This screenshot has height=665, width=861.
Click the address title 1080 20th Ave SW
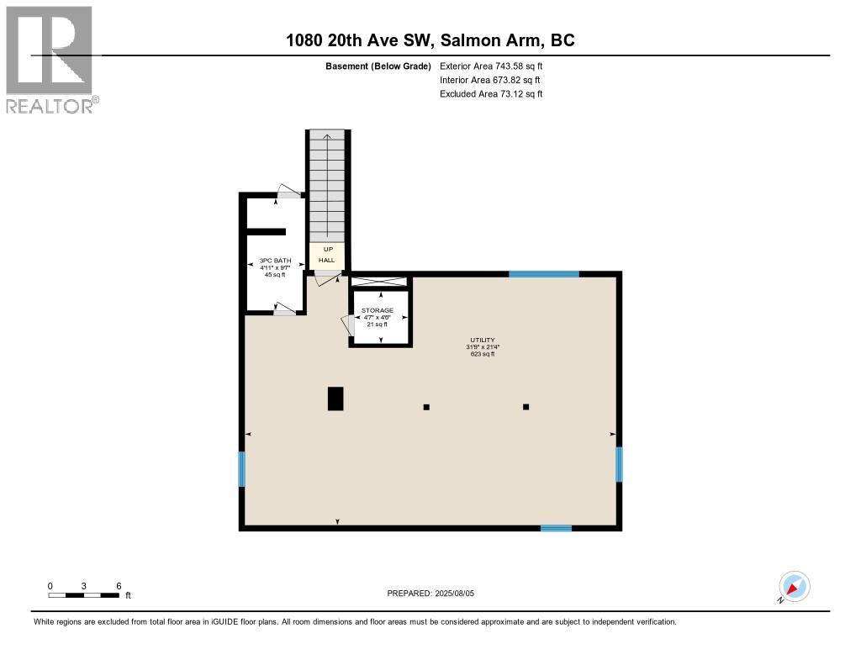430,40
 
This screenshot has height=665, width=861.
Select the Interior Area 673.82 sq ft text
489,80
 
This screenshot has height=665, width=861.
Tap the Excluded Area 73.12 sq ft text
491,94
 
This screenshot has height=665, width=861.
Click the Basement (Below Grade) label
378,66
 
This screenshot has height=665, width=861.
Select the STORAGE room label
378,310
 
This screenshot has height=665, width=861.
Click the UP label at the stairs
326,250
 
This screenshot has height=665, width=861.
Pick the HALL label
326,261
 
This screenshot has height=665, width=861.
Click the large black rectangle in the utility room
335,398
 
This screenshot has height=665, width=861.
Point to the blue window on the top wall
544,274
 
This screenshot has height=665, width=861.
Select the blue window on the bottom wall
556,528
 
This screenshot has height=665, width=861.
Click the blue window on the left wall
241,469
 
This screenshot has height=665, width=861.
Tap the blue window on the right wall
619,464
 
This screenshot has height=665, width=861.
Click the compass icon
794,587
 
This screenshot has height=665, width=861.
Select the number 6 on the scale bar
119,586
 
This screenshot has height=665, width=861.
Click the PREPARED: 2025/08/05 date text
436,594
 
